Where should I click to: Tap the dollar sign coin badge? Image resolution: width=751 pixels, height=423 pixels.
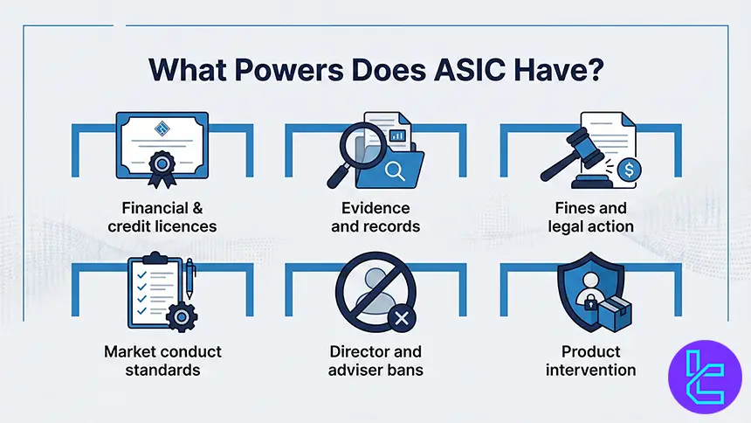coord(627,170)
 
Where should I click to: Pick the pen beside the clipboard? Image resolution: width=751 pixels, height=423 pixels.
coord(190,279)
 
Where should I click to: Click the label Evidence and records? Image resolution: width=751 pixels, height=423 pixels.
coord(375,218)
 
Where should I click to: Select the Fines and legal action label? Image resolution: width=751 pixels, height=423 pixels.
coord(590,218)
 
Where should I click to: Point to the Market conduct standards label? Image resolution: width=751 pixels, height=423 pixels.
coord(163,361)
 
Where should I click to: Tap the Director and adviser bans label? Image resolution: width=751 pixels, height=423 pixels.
coord(375,361)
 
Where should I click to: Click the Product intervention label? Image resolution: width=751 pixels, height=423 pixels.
coord(590,361)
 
